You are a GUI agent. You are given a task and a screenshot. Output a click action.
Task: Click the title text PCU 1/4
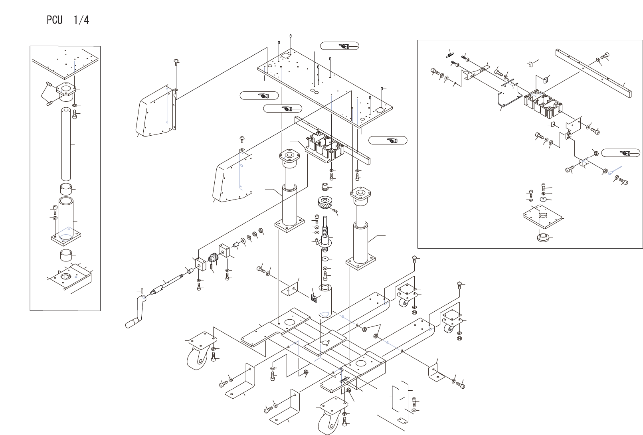pos(67,20)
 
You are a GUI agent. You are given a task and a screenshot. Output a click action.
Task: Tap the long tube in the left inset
pos(66,143)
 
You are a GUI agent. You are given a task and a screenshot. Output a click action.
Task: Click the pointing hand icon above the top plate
pos(339,46)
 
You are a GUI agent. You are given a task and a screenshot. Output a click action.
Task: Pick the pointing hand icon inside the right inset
pos(620,153)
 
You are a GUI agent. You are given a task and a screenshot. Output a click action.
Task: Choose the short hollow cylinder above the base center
pos(326,299)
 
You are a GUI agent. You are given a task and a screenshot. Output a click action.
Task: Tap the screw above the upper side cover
pos(176,61)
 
